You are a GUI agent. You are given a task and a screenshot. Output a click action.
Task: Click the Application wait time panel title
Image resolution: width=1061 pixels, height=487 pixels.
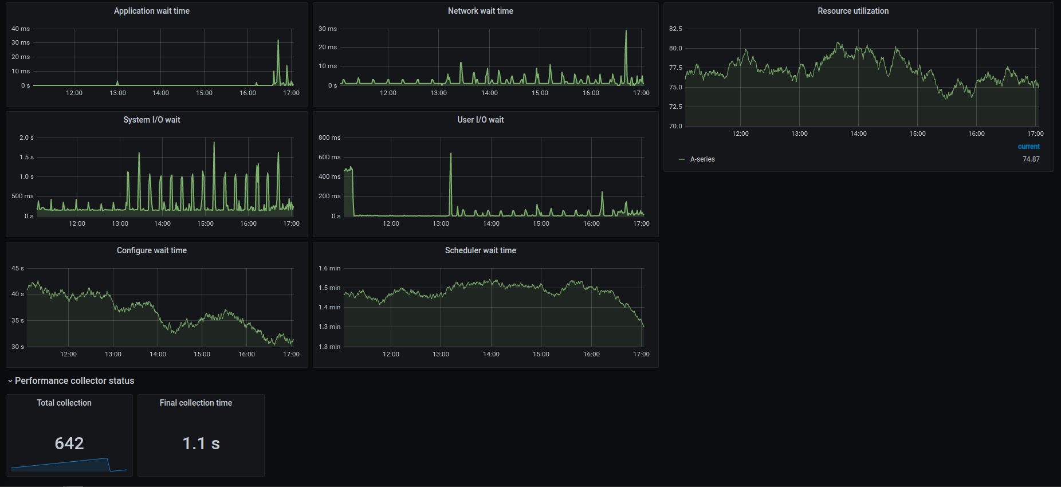click(x=151, y=11)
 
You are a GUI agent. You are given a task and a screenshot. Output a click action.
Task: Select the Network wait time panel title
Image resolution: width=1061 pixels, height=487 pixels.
click(x=480, y=11)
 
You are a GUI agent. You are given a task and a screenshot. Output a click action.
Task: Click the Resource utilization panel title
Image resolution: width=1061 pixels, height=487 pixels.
click(x=853, y=11)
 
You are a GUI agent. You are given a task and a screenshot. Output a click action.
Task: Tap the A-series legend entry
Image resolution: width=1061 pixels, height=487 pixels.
click(x=702, y=159)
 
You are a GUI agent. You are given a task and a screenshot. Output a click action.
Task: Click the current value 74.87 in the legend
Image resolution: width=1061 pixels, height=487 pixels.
click(x=1031, y=159)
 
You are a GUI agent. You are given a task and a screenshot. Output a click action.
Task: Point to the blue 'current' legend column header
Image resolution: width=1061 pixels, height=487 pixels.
click(x=1028, y=147)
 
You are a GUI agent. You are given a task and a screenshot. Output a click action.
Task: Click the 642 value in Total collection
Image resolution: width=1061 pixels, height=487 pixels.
click(x=69, y=443)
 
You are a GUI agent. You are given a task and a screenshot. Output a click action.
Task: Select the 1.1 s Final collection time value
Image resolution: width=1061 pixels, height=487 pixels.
click(x=201, y=443)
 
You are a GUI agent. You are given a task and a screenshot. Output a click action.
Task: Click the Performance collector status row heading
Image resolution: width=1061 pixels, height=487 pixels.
click(x=74, y=381)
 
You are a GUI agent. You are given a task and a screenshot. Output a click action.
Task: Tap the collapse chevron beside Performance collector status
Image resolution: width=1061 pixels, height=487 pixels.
click(x=10, y=381)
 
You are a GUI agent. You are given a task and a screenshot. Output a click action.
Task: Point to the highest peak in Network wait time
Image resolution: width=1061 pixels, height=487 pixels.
click(x=626, y=32)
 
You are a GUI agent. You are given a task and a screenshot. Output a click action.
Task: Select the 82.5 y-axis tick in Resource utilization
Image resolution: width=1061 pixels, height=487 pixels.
click(x=675, y=29)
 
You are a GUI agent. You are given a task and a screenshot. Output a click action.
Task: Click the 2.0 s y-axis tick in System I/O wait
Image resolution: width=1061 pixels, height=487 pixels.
click(x=26, y=138)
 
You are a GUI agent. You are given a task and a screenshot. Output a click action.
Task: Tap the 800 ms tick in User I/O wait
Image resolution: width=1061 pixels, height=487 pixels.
click(x=329, y=138)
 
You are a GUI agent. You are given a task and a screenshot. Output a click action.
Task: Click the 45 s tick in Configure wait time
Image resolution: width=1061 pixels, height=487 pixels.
click(x=18, y=268)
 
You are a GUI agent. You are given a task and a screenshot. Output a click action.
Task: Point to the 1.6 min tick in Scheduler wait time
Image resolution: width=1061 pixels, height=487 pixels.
click(x=329, y=268)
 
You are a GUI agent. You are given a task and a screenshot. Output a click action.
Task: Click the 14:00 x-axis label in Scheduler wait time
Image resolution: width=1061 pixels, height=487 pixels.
click(x=491, y=354)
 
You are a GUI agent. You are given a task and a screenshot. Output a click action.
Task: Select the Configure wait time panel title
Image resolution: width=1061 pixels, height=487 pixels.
click(x=151, y=250)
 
